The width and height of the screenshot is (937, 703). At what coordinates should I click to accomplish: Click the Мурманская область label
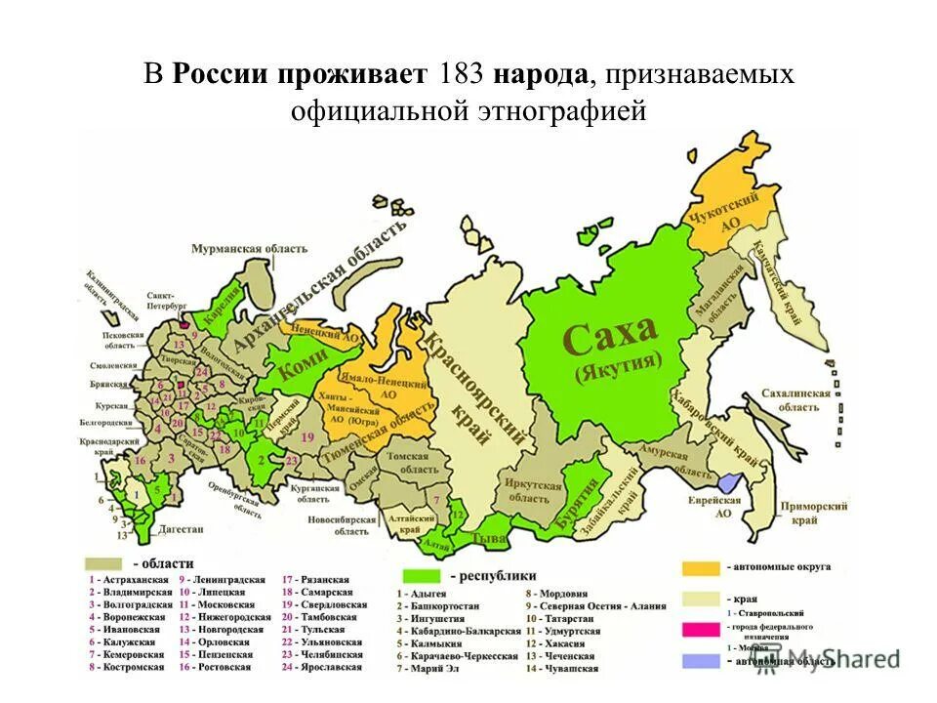point(250,249)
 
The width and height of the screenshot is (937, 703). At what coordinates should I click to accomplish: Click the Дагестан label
point(177,528)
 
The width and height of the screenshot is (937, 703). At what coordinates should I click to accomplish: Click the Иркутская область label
point(534,491)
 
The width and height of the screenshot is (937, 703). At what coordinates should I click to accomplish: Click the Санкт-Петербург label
point(167,298)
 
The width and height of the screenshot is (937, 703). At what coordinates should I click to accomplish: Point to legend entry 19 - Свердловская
point(324,604)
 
